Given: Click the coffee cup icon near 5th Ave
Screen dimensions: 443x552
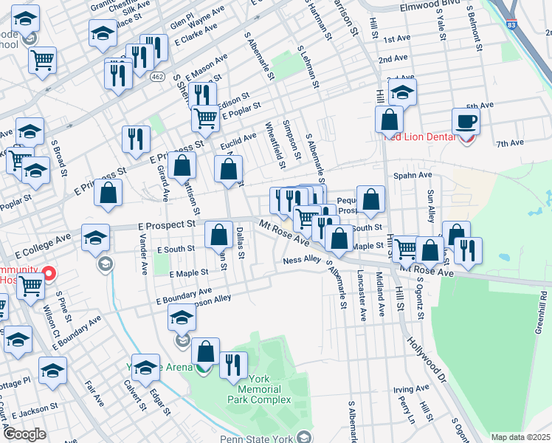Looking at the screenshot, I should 466,120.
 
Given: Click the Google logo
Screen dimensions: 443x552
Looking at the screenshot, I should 24,434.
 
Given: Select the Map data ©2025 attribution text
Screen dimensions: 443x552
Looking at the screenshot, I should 520,437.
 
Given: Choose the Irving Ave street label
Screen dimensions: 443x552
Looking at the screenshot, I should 411,388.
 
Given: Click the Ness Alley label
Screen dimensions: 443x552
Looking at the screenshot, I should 303,260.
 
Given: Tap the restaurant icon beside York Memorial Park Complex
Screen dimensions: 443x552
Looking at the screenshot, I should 234,365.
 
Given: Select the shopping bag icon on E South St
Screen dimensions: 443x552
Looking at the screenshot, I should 219,236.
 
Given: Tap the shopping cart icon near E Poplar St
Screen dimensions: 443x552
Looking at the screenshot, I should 205,118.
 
